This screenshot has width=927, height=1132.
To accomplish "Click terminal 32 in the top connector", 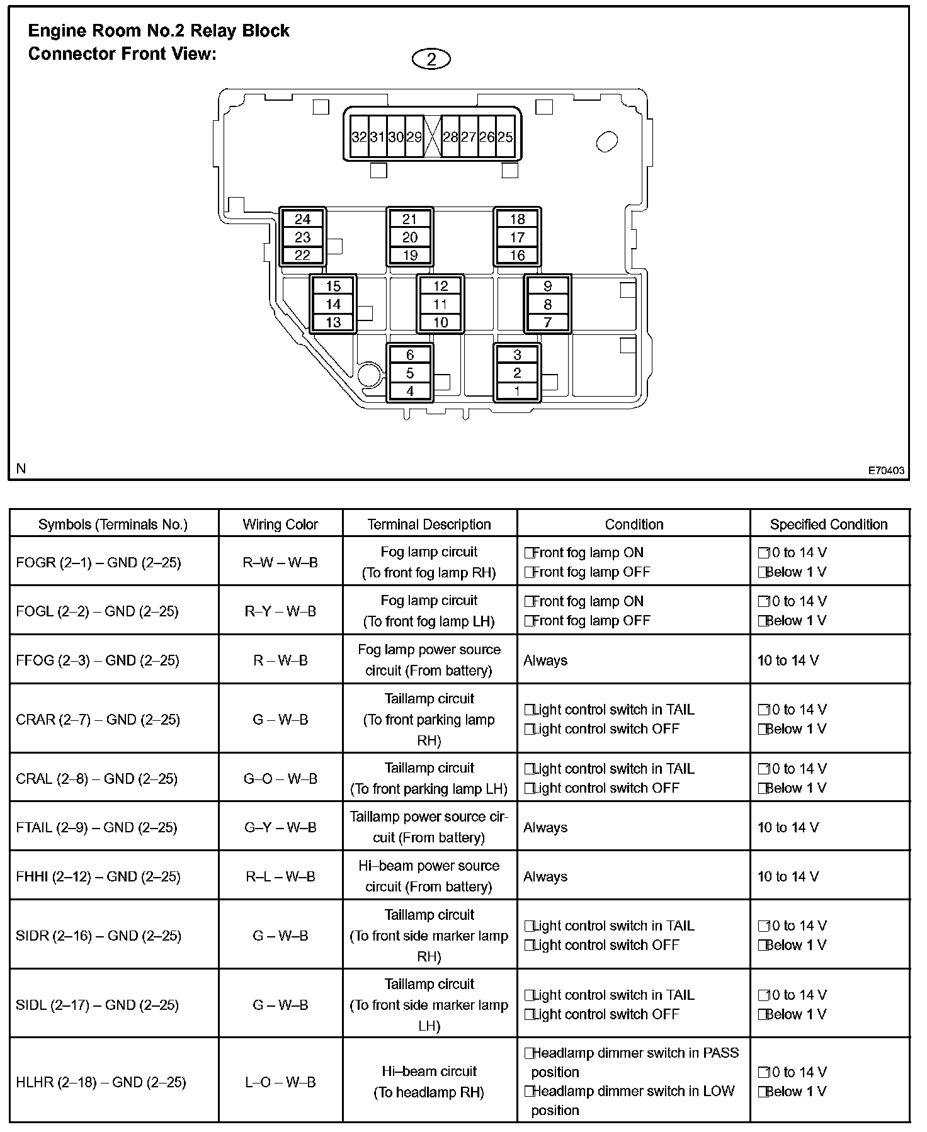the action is [x=359, y=137].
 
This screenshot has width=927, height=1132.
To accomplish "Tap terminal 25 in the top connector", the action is [x=505, y=137].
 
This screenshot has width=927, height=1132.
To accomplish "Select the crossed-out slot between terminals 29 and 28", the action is [x=432, y=137].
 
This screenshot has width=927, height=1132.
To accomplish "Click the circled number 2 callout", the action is [x=431, y=59].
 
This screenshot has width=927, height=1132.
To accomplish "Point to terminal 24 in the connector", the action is [x=303, y=219].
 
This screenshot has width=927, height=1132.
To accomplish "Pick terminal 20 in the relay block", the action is [x=410, y=237].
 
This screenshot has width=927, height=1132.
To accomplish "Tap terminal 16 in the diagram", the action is [x=517, y=255].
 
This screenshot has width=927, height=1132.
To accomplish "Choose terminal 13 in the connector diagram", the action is [x=333, y=322].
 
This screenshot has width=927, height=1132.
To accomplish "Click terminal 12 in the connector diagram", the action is [x=441, y=286].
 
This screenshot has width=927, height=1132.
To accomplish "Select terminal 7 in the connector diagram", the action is [x=548, y=322].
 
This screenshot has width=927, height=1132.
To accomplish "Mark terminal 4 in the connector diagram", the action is [x=410, y=391].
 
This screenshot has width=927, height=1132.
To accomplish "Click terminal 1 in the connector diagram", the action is [x=517, y=391].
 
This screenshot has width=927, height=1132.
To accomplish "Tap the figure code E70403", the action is [x=886, y=470].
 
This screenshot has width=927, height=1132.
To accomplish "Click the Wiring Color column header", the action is [x=280, y=524].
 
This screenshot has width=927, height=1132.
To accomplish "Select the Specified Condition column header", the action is [x=829, y=524].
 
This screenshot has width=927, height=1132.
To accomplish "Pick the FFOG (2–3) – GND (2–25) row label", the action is [x=98, y=660].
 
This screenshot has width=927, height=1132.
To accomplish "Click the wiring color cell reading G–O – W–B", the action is [x=280, y=779].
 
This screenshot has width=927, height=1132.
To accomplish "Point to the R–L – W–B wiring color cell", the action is [x=280, y=876].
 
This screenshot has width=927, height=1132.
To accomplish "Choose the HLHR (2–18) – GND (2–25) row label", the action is [x=101, y=1082].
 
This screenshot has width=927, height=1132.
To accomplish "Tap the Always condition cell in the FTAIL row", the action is [x=545, y=827].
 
